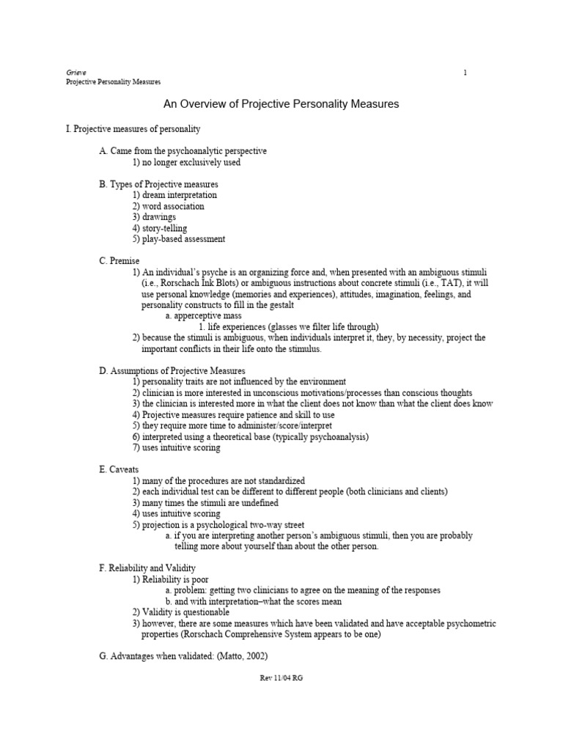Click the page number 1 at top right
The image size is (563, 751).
coord(465,72)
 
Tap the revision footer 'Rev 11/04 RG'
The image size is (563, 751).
coord(281,678)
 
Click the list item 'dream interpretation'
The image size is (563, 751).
coord(179,195)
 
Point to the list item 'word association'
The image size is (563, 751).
coord(172,206)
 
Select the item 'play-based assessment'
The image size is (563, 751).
coord(183,239)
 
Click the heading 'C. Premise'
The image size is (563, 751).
coord(119,261)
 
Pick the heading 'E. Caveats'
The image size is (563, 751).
coord(119,469)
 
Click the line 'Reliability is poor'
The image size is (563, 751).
coord(174,579)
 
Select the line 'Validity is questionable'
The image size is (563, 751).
coord(185,612)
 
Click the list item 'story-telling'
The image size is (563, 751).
coord(163,228)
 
